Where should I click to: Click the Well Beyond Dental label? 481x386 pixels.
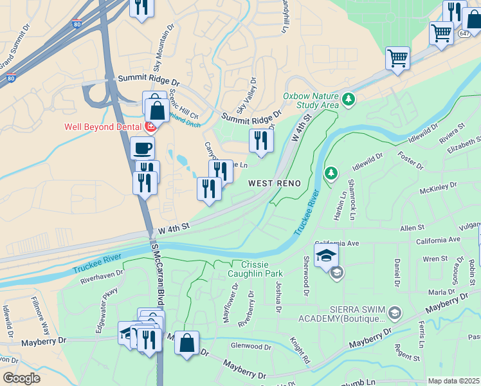[x=102, y=127]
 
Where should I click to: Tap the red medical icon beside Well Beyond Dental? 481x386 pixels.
[x=151, y=127]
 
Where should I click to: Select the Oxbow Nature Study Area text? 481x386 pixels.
[x=311, y=100]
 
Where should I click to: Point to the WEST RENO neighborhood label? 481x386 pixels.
[x=275, y=183]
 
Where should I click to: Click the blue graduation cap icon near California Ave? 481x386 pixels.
[x=327, y=255]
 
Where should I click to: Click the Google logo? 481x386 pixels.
[x=21, y=378]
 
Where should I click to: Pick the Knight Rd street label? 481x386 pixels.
[x=300, y=351]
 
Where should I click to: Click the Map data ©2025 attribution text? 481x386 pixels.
[x=454, y=381]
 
